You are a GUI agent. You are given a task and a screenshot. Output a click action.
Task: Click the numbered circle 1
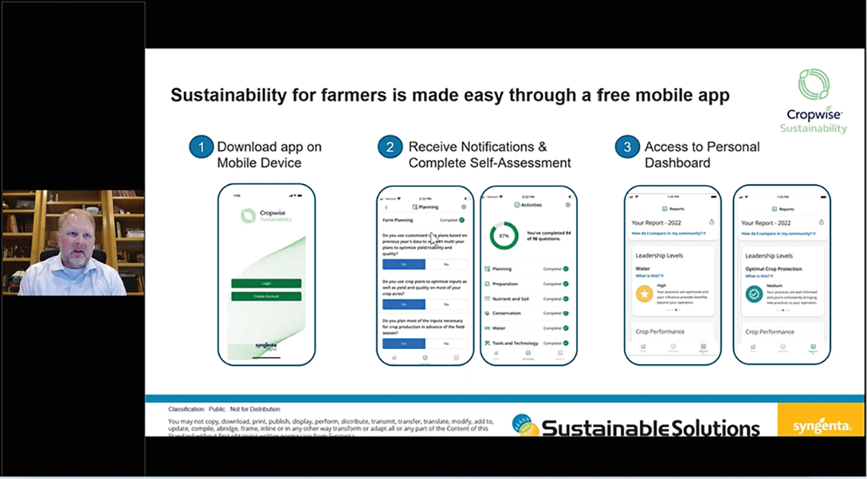point(202,147)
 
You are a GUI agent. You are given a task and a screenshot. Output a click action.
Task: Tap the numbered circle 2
point(390,147)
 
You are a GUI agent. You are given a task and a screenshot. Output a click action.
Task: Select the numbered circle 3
point(627,147)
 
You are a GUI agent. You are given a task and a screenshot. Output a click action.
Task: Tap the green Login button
point(266,283)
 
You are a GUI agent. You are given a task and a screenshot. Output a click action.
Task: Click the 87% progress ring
point(504,236)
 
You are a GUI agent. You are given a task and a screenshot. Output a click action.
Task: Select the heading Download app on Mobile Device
point(269,155)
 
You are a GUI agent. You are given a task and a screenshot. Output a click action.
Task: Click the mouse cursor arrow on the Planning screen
point(433,239)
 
